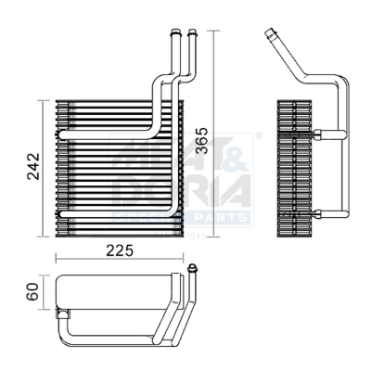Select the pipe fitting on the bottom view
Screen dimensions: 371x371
[192, 270]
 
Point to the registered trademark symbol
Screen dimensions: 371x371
[258, 137]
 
